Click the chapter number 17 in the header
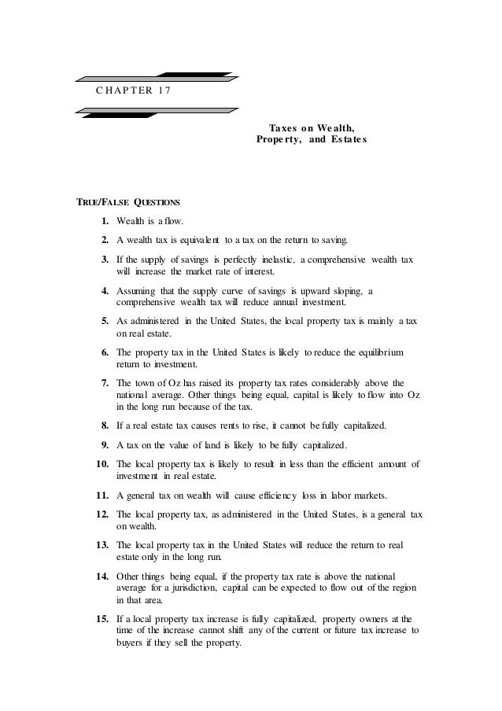pyautogui.click(x=160, y=88)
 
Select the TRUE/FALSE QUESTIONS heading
pyautogui.click(x=127, y=201)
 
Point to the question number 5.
pyautogui.click(x=105, y=320)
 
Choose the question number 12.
pyautogui.click(x=102, y=514)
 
